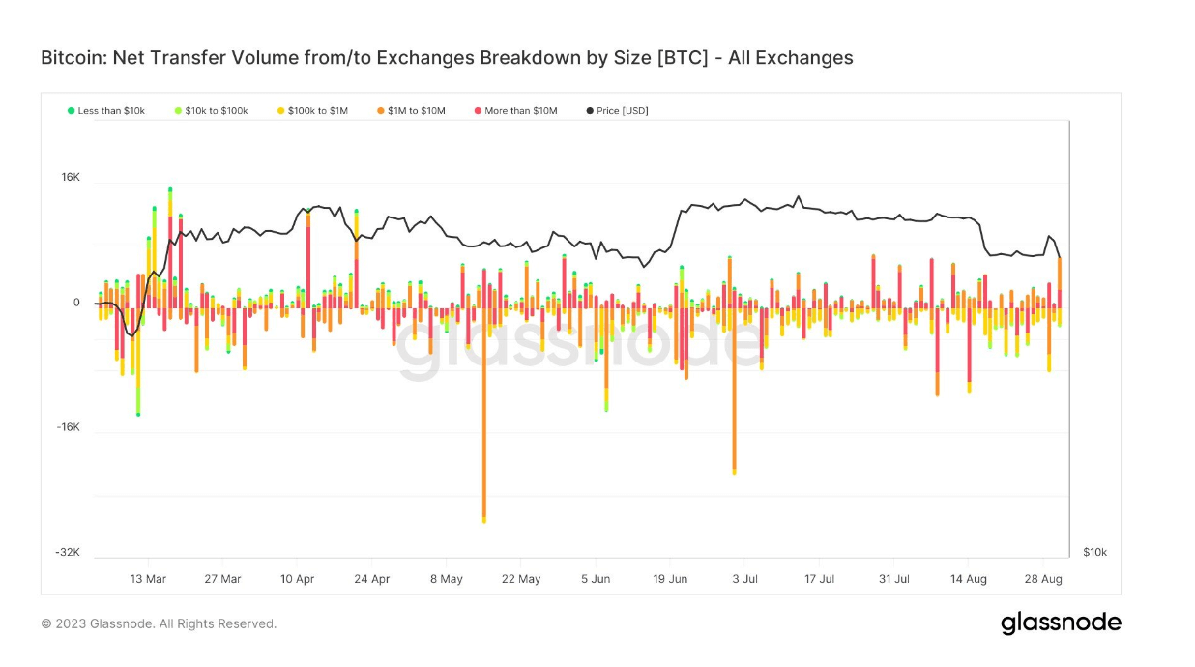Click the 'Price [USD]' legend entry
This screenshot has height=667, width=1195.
coord(618,111)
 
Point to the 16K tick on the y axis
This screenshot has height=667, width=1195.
coord(71,178)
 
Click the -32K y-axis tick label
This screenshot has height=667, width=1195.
coord(68,552)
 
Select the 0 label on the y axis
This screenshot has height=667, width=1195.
coord(76,303)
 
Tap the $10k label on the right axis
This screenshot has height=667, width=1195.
coord(1094,552)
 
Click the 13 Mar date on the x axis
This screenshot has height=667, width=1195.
coord(148,579)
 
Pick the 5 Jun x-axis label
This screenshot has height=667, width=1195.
coord(596,579)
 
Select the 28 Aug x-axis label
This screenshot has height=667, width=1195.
coord(1043,579)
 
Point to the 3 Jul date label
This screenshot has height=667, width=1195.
coord(744,579)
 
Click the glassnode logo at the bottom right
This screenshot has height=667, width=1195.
coord(1061,623)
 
